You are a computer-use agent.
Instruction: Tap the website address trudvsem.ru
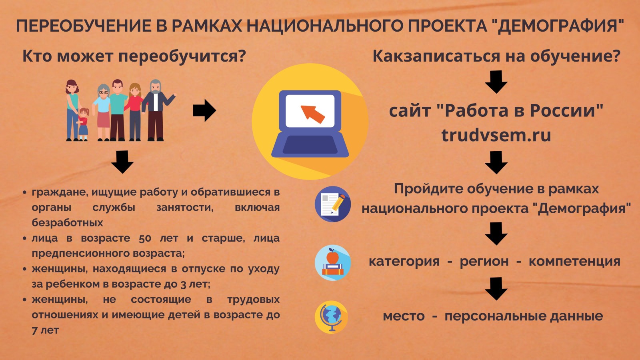coord(496,135)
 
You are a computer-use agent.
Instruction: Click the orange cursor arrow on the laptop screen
coord(312,114)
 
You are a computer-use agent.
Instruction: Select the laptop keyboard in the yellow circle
coord(310,144)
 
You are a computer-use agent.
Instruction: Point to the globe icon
coord(332,317)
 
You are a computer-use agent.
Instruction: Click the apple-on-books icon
coord(332,262)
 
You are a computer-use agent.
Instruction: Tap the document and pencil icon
coord(332,204)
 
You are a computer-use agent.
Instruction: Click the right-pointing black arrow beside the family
coord(204,110)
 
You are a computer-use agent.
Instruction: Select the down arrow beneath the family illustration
coord(122,162)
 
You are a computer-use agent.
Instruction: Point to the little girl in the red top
coord(83,124)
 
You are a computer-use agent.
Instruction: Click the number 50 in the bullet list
coord(145,238)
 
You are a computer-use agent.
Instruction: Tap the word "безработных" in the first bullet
coord(68,222)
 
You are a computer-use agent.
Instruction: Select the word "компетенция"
coord(574,262)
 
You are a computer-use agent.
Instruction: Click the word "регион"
coord(484,262)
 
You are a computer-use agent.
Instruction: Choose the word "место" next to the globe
coord(404,316)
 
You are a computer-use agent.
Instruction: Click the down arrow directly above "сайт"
coord(496,82)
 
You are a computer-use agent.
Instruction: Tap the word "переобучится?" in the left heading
coord(182,56)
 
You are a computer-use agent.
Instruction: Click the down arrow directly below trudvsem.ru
coord(496,162)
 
